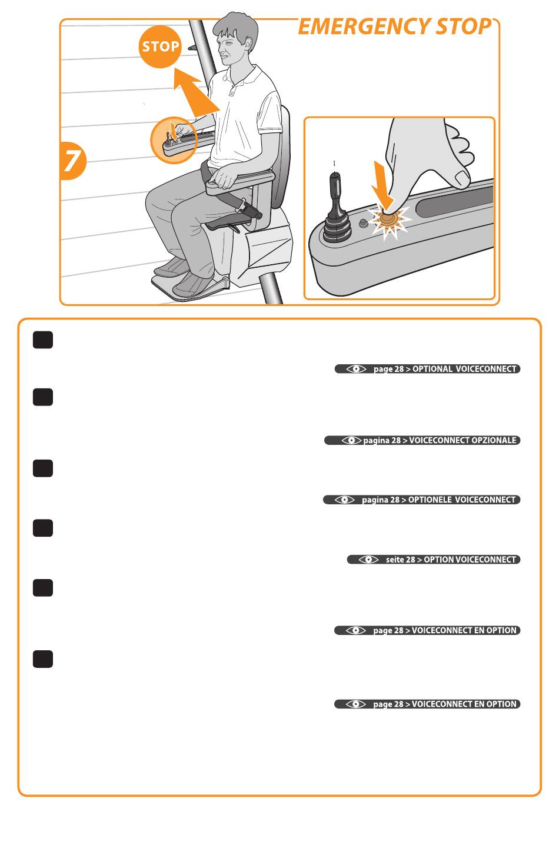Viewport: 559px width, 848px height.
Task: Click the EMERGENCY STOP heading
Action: pos(395,26)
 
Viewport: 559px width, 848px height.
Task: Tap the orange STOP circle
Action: pos(160,46)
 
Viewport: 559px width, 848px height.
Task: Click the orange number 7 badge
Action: pos(72,161)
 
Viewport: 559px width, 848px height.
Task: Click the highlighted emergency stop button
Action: pos(389,219)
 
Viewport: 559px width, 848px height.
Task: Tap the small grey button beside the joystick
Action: pos(363,224)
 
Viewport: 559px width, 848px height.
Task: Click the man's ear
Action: pos(248,45)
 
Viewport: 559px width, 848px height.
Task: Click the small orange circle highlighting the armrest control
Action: pos(174,139)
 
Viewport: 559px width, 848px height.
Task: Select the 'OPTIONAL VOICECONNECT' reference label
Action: pos(427,369)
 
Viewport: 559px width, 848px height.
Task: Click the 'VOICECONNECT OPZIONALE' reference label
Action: pos(422,440)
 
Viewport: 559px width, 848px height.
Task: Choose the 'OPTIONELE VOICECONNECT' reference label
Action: pos(422,500)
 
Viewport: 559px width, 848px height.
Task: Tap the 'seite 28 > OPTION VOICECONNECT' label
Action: pos(434,560)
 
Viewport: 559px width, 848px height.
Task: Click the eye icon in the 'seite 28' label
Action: pos(368,560)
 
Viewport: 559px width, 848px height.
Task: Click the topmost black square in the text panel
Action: pos(43,340)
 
